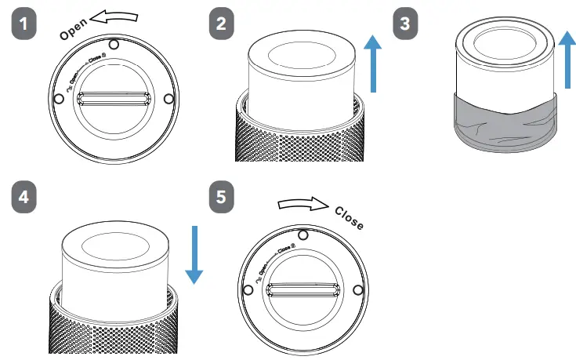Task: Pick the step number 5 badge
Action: tap(222, 198)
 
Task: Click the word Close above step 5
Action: tap(349, 218)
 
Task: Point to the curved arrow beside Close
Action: tap(302, 204)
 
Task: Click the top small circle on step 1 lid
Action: tap(114, 44)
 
